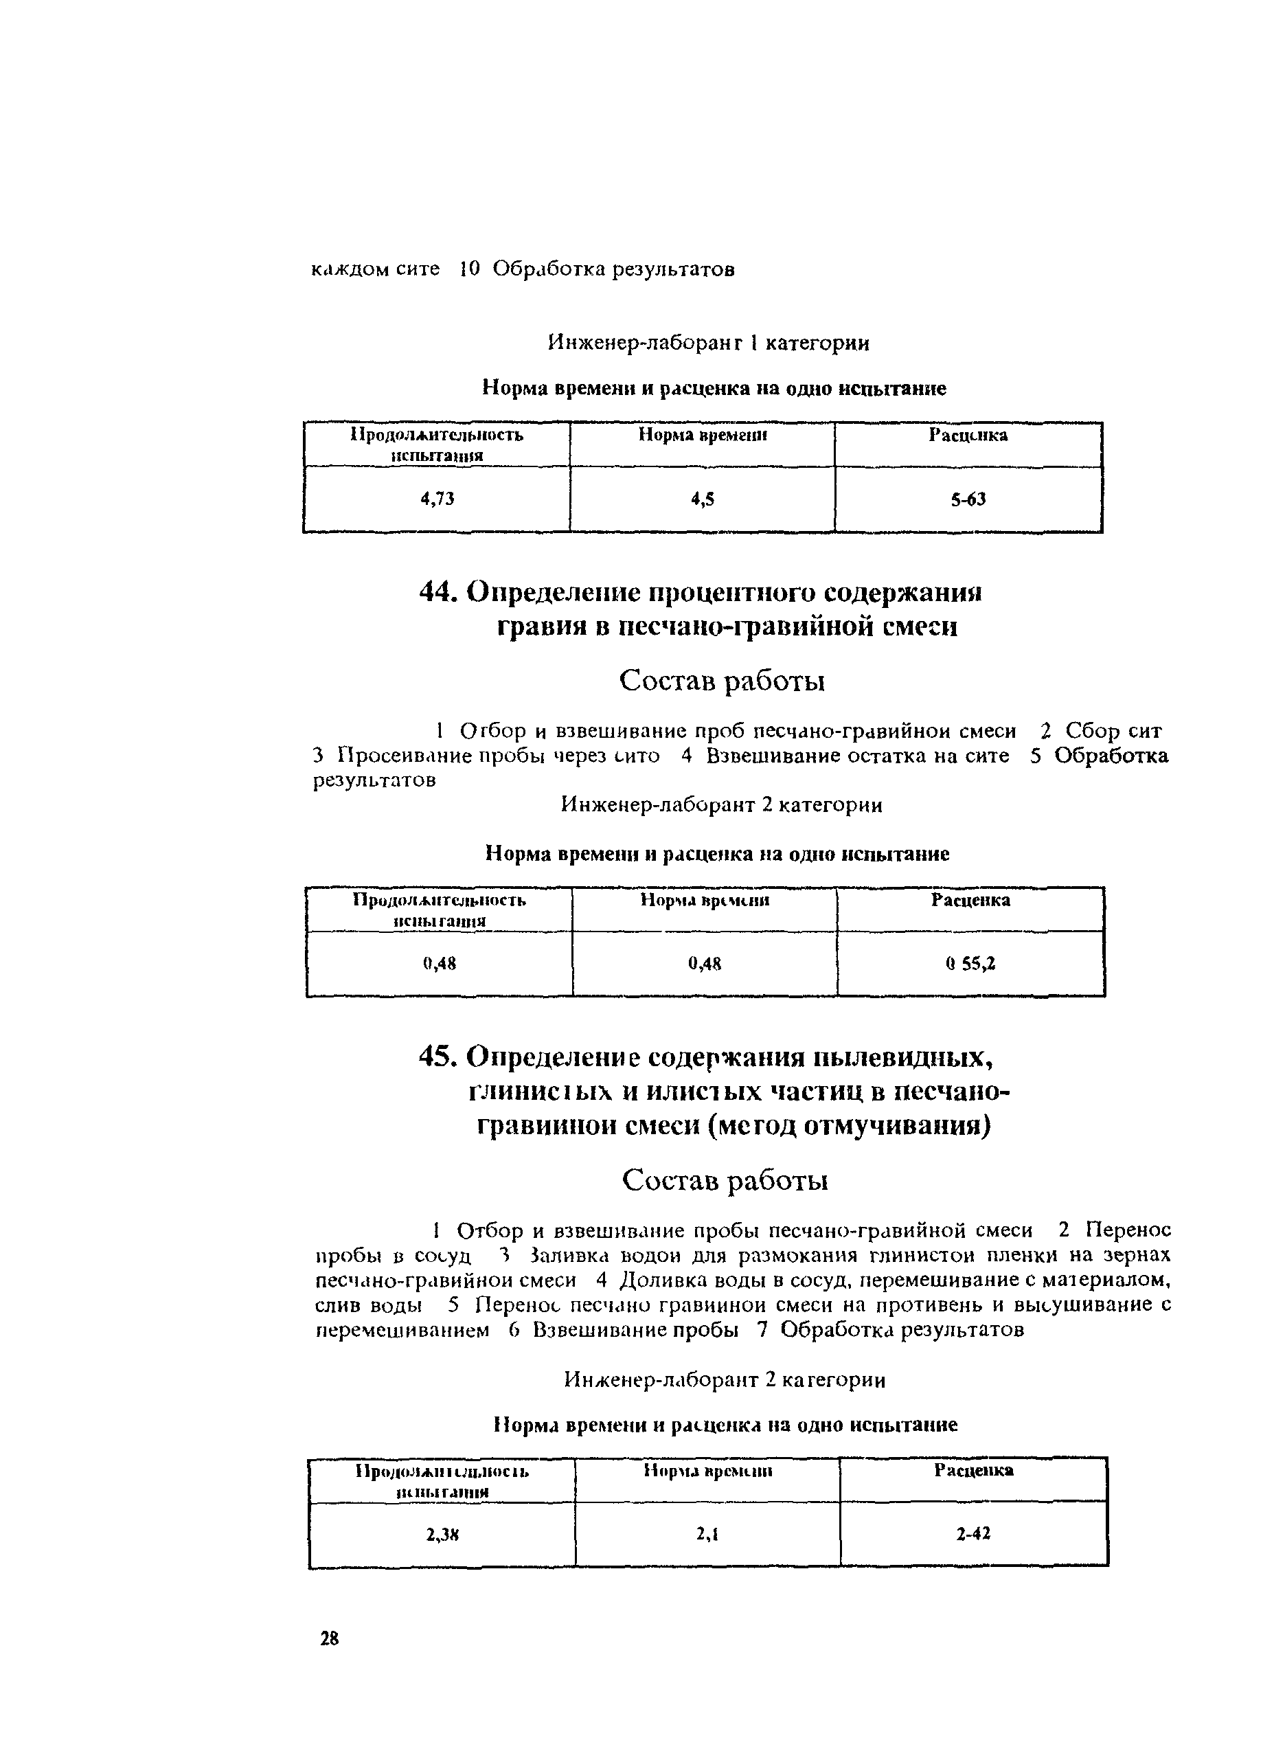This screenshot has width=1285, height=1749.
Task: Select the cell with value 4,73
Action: pos(437,499)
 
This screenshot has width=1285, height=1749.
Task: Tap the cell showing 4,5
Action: pos(703,499)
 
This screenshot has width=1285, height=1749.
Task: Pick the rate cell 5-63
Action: pos(968,499)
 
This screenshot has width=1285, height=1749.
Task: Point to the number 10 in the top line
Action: pos(470,269)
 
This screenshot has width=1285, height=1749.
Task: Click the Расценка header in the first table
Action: pos(968,435)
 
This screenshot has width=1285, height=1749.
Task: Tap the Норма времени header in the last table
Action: pos(708,1471)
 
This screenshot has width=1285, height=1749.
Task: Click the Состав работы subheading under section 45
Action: pos(725,1180)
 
